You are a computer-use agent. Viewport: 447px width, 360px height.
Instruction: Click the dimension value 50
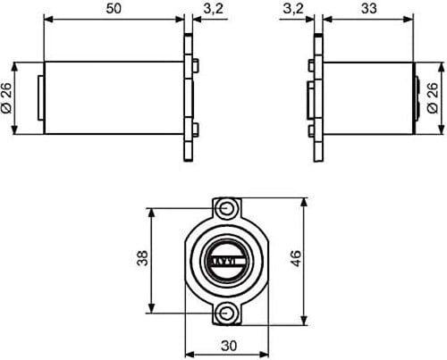pyautogui.click(x=114, y=9)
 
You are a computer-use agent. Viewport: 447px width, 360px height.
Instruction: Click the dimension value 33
pyautogui.click(x=369, y=9)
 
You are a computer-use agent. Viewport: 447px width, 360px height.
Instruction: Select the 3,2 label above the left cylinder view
pyautogui.click(x=214, y=9)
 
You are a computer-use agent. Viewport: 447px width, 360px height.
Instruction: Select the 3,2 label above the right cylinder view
pyautogui.click(x=293, y=9)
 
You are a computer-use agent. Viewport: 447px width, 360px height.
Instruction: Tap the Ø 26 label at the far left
pyautogui.click(x=6, y=98)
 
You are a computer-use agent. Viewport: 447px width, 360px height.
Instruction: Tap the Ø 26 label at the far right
pyautogui.click(x=433, y=98)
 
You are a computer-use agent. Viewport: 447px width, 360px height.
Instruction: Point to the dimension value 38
pyautogui.click(x=142, y=258)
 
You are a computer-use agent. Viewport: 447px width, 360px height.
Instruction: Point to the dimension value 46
pyautogui.click(x=296, y=258)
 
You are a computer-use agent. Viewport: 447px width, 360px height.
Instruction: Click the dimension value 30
pyautogui.click(x=229, y=346)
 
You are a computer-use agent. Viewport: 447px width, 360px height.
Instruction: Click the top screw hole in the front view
pyautogui.click(x=227, y=208)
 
